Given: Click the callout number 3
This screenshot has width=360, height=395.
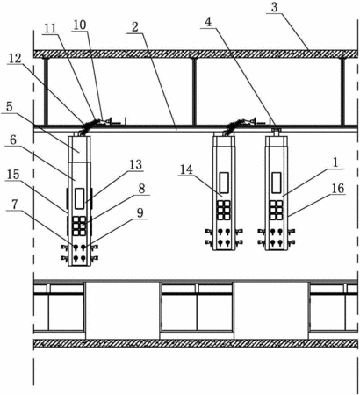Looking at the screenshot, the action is [274, 7].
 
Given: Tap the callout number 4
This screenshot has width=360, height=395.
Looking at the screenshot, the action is [208, 22].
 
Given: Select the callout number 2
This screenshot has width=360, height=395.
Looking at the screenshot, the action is [135, 27].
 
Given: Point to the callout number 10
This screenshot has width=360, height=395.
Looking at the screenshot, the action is [80, 25].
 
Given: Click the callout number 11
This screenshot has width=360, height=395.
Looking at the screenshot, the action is [50, 28].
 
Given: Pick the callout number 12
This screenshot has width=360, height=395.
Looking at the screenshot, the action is [15, 59].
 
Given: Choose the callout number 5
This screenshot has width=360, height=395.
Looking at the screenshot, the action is [10, 106].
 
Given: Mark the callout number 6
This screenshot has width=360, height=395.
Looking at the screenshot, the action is [13, 140].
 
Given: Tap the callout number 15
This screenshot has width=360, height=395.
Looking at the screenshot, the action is [13, 175].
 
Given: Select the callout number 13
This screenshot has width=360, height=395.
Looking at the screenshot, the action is [136, 165].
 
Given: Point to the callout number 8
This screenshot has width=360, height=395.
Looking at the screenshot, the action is [141, 189].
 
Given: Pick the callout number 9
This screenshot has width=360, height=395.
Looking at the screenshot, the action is [140, 212].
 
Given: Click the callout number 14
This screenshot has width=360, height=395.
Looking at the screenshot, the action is [187, 169].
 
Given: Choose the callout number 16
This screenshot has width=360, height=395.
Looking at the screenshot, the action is [338, 189].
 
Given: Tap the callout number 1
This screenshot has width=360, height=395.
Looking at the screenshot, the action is [335, 162].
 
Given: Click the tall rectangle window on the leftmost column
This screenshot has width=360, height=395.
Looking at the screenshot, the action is [79, 198].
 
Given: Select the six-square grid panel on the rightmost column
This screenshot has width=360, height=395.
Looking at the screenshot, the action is [276, 210].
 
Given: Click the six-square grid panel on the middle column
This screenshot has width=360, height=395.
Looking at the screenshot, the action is [224, 210].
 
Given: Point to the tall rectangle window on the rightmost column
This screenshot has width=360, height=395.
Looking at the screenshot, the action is [277, 183].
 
